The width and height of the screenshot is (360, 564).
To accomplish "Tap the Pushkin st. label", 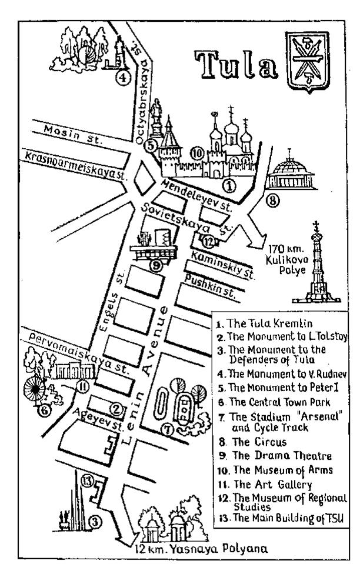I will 211,286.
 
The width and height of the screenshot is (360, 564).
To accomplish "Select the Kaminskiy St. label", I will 223,265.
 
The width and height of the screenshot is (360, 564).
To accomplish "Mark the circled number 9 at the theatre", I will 155,266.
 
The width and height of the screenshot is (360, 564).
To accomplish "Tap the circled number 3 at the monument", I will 95,520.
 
